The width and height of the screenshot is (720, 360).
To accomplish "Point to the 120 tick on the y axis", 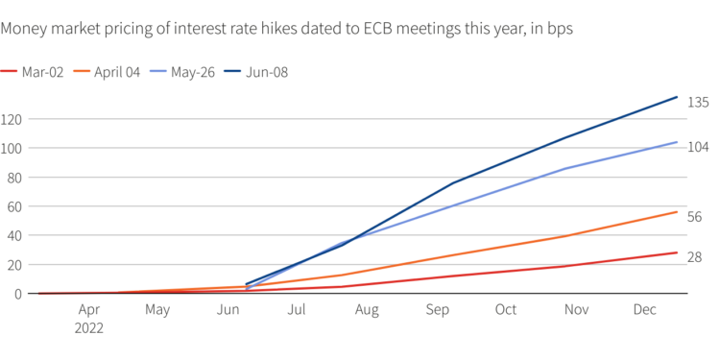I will pos(12,119).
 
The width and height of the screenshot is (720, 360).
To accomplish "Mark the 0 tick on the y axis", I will pos(19,294).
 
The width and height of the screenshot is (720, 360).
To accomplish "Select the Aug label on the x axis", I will pos(367,310).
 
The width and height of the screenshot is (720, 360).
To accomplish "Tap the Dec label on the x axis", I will pos(645,310).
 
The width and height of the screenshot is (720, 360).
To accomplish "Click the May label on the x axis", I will pos(157,310).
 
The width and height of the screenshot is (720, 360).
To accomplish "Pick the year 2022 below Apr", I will pos(88,327).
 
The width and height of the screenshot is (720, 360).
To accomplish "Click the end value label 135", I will pos(698,102).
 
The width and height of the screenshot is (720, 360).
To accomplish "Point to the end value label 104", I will pos(698,147).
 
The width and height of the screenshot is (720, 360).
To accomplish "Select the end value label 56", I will pos(695,217).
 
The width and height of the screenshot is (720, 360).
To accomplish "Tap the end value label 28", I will pos(695,257).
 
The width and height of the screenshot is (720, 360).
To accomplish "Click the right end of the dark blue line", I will pos(678,97).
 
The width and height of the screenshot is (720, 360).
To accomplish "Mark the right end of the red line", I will pos(678,252).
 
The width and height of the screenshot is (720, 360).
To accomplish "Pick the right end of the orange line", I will pos(678,212).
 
